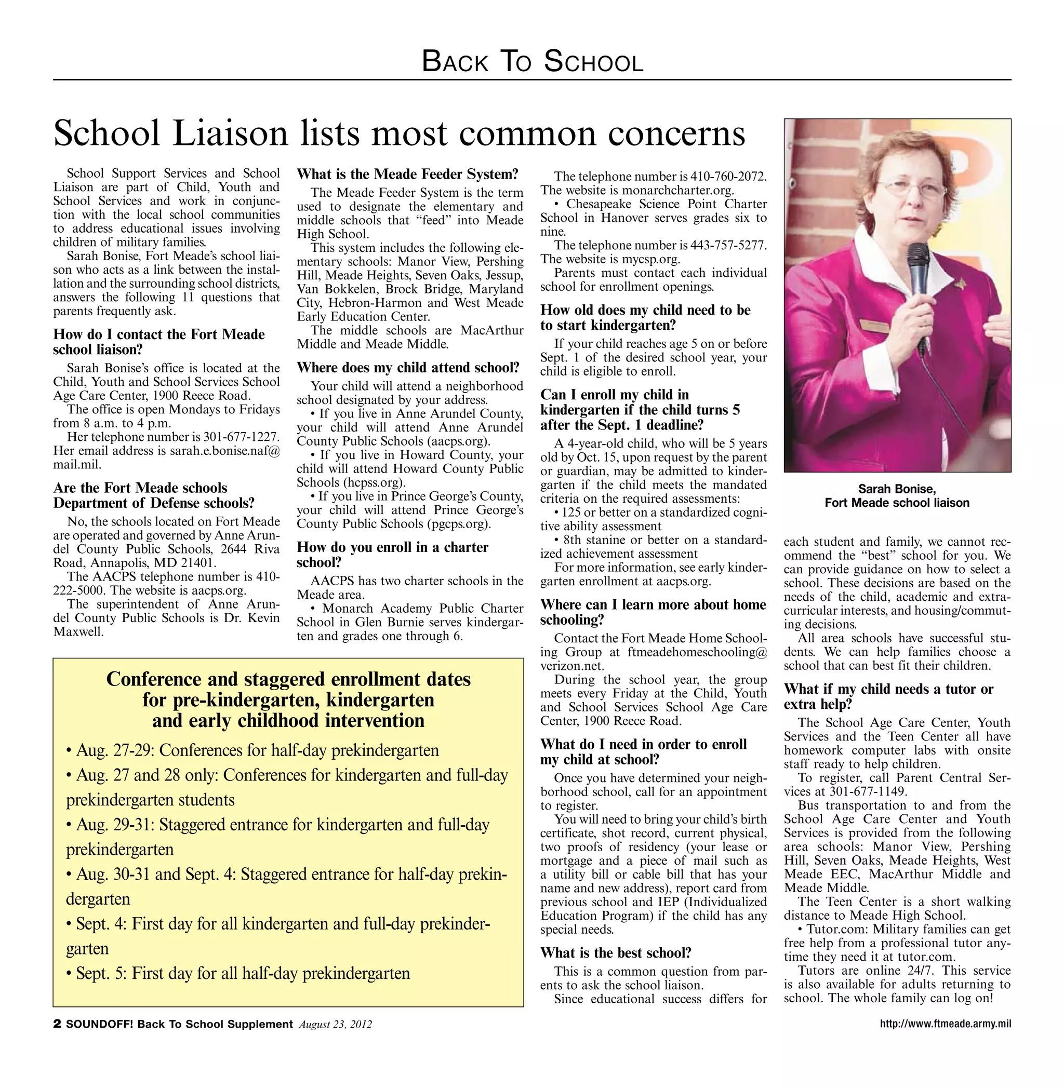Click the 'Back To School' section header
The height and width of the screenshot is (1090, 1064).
point(532,61)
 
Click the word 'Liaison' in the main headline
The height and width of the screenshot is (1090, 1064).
point(230,134)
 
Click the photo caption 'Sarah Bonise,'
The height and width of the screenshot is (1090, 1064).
point(897,489)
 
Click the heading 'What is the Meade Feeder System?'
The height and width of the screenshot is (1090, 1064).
point(407,174)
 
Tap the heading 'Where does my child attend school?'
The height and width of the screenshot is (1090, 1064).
point(408,368)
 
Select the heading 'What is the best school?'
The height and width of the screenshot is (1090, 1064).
point(616,952)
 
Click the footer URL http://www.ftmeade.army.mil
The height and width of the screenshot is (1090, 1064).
point(945,1024)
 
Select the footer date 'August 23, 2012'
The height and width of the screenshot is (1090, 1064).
point(335,1025)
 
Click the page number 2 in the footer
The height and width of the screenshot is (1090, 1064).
point(57,1024)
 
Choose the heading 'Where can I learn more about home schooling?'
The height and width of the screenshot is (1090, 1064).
point(653,612)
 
